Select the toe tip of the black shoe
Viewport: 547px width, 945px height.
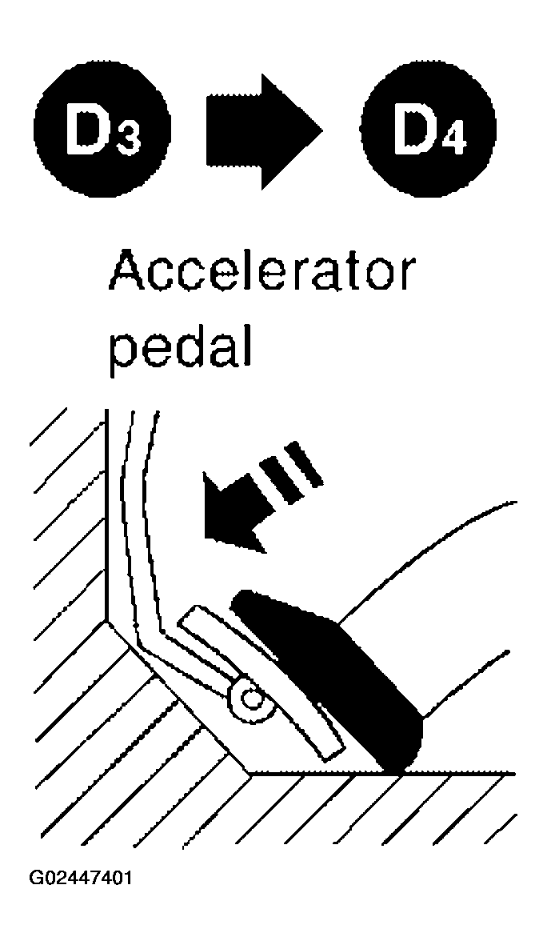click(x=238, y=599)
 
